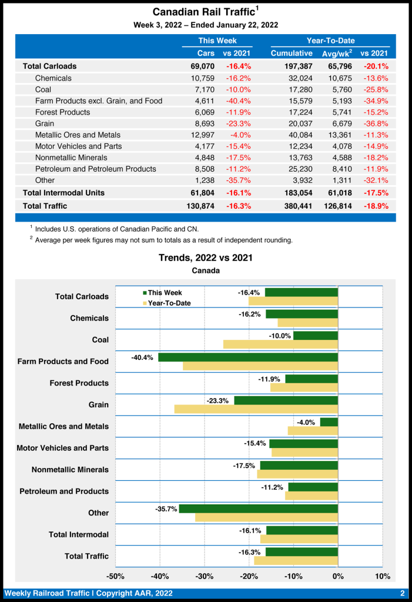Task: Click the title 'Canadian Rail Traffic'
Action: (204, 12)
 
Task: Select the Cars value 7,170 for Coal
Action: (203, 89)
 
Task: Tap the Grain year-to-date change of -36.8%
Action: (374, 123)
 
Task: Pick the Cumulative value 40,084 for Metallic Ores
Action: (300, 135)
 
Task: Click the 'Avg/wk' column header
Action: (337, 53)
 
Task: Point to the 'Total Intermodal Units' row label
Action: (63, 192)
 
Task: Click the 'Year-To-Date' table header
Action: (330, 41)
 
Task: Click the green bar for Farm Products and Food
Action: (248, 357)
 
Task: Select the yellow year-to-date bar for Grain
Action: (256, 409)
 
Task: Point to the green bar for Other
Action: (259, 509)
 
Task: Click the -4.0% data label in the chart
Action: (306, 422)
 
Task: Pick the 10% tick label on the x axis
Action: (382, 576)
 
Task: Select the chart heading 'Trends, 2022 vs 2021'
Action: (206, 258)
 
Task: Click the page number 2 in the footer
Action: (402, 593)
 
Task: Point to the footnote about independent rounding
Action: (163, 240)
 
